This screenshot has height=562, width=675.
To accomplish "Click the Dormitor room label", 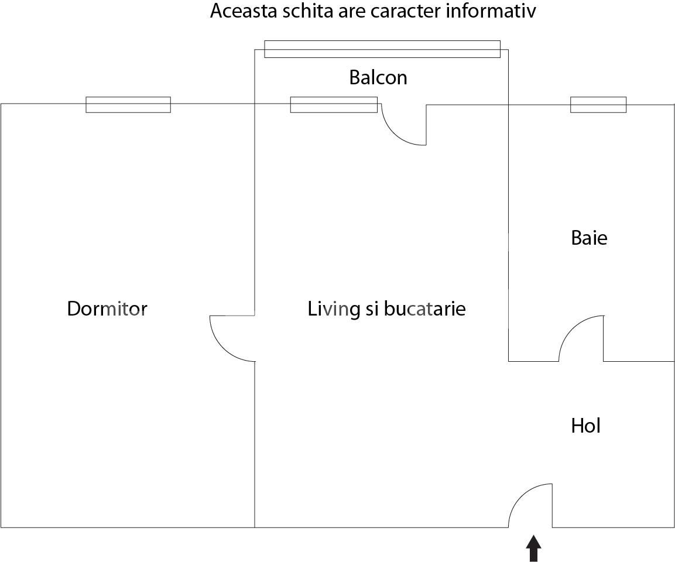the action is point(107,309).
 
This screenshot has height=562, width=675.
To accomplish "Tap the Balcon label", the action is point(378,77).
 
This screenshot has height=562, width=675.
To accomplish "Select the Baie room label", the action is point(589,238).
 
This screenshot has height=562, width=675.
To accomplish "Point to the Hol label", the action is point(585,426).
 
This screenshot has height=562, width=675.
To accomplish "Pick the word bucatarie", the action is point(425,309).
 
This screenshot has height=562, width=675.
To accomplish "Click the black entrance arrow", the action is point(534,548).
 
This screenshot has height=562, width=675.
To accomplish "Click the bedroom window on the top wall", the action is point(128,105).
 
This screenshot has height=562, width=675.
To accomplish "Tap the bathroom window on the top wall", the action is point(598,105).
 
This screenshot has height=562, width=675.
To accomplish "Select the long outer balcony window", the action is point(382,49).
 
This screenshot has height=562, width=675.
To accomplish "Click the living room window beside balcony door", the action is point(334,105).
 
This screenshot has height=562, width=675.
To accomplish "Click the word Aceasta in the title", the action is point(244,11).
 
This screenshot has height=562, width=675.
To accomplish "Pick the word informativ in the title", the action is point(491,11).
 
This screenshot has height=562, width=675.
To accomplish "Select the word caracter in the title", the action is point(406,11).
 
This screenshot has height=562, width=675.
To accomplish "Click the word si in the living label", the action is point(372,309).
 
